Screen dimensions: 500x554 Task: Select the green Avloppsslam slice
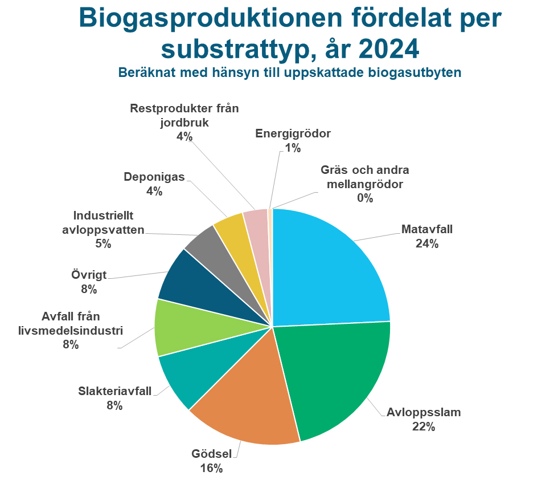click(336, 376)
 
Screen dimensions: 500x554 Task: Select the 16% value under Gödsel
click(211, 469)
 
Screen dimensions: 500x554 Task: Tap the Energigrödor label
click(293, 134)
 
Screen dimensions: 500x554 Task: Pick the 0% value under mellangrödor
click(364, 198)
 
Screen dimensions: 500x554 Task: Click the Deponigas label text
click(154, 177)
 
